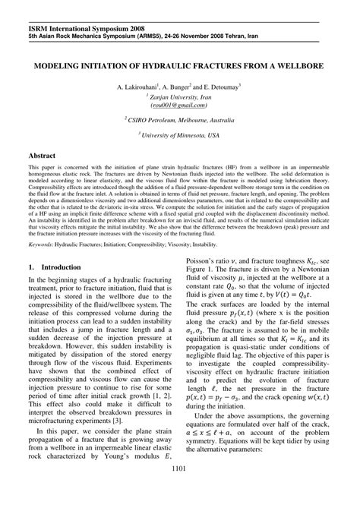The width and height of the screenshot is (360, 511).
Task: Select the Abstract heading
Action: coord(44,154)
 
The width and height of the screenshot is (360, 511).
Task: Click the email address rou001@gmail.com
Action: coord(180,106)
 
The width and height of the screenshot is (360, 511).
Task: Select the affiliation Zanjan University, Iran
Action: coord(180,97)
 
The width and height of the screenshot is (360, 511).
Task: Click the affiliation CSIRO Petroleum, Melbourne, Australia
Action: coord(180,120)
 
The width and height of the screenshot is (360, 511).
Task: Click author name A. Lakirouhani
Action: coord(138,87)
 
